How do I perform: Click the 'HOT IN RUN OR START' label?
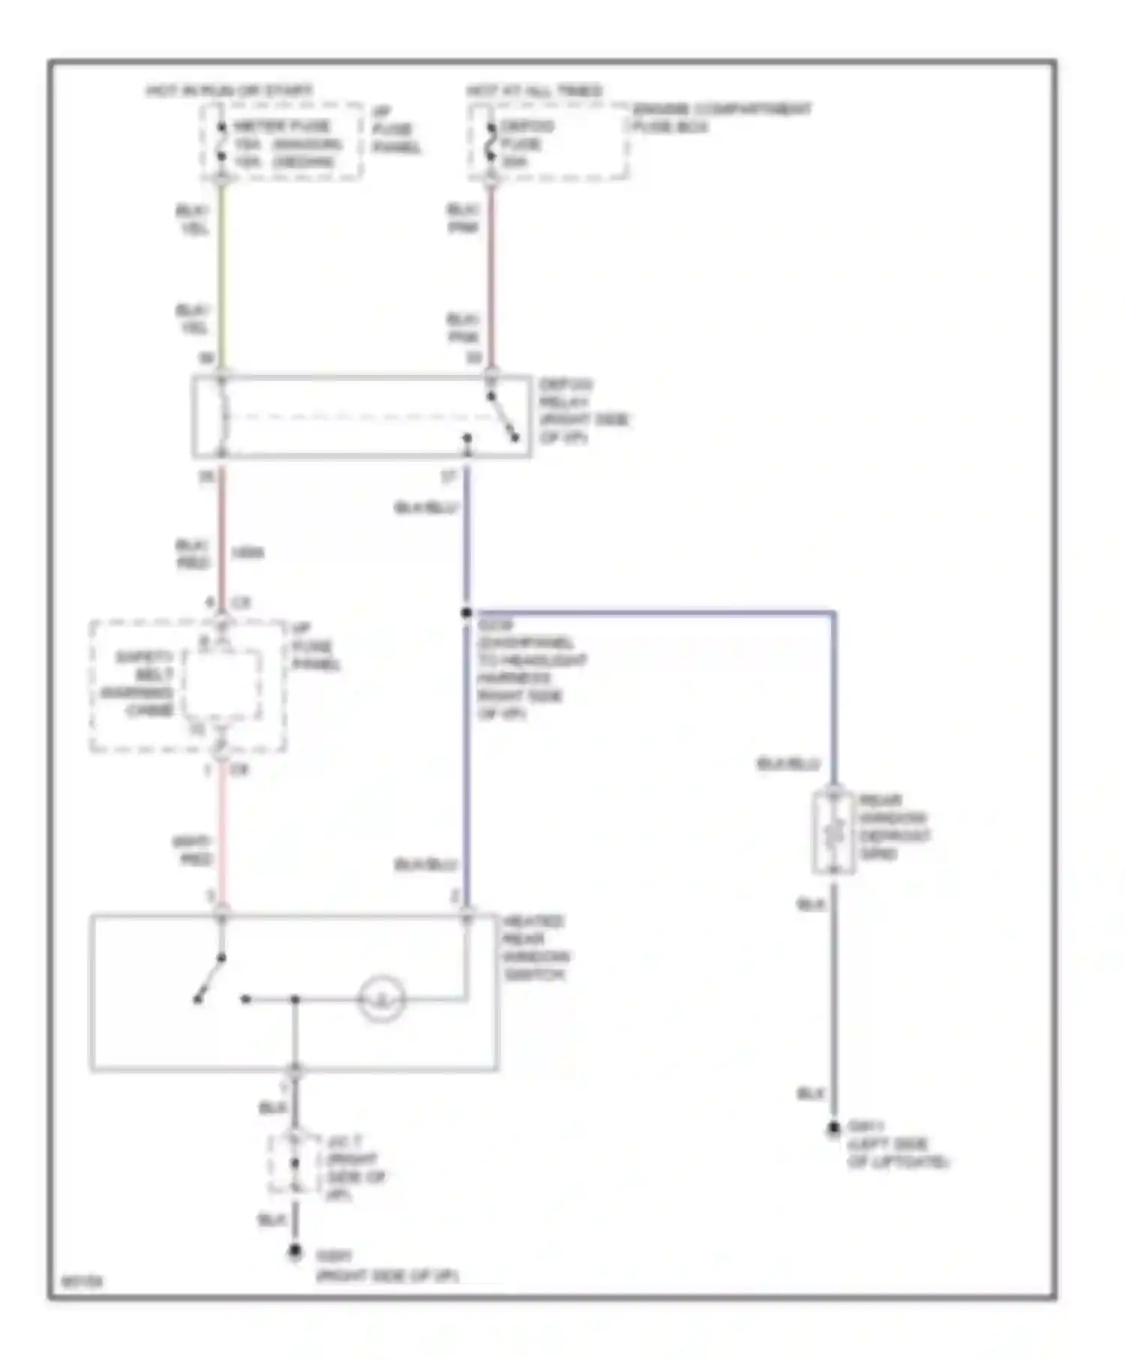229,91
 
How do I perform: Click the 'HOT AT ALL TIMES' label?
534,91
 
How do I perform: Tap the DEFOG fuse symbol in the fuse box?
491,143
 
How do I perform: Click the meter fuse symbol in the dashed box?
221,143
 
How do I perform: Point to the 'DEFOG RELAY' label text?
583,411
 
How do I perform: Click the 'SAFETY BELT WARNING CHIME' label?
139,683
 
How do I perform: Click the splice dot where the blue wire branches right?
466,613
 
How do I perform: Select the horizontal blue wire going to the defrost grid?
652,613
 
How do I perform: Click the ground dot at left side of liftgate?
833,1129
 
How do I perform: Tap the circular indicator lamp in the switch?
382,999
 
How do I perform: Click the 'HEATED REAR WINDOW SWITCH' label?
535,948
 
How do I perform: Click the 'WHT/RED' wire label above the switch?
192,850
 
